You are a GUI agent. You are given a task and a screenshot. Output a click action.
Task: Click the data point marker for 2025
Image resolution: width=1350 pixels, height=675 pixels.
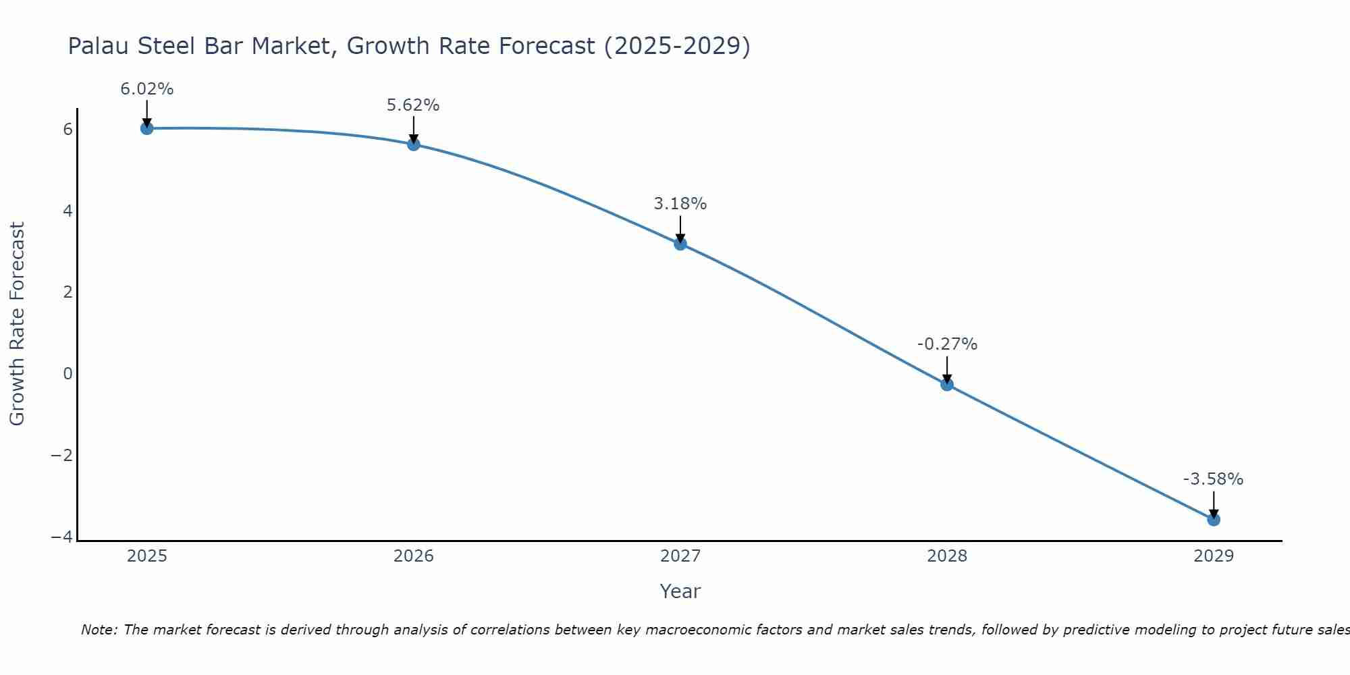pyautogui.click(x=147, y=128)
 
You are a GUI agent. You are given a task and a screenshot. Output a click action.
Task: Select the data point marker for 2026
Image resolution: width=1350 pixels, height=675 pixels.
pyautogui.click(x=414, y=144)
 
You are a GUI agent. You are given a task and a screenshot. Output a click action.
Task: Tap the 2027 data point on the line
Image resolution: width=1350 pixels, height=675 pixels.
pyautogui.click(x=680, y=244)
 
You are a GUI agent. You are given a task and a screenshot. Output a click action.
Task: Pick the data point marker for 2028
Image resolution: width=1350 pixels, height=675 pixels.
pyautogui.click(x=947, y=384)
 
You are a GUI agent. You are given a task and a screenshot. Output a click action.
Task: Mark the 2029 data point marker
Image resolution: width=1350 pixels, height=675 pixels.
pyautogui.click(x=1214, y=519)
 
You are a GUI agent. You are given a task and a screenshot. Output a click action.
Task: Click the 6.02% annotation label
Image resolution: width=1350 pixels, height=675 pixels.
pyautogui.click(x=147, y=89)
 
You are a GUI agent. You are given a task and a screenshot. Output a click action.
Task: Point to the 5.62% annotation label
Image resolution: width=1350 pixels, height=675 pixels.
pyautogui.click(x=413, y=105)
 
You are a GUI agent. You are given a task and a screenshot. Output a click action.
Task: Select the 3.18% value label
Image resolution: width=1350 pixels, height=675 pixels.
pyautogui.click(x=680, y=204)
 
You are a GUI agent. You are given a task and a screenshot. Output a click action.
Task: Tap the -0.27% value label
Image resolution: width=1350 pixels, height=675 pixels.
pyautogui.click(x=947, y=344)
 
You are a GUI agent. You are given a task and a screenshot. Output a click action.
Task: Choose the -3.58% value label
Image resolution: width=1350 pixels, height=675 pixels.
pyautogui.click(x=1213, y=479)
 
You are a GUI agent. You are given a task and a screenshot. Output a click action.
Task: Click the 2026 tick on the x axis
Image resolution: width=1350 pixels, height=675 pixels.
pyautogui.click(x=414, y=556)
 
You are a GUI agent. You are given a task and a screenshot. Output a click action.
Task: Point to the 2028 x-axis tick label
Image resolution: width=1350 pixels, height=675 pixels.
pyautogui.click(x=947, y=556)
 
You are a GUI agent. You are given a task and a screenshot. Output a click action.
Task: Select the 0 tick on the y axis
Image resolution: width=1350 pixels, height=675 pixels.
pyautogui.click(x=67, y=373)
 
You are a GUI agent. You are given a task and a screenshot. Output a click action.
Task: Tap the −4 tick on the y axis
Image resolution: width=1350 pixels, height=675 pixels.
pyautogui.click(x=62, y=537)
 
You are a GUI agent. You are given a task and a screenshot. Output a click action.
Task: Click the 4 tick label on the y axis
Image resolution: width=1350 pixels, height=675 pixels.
pyautogui.click(x=67, y=211)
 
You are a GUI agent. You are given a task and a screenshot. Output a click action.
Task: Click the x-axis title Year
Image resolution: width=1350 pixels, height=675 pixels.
pyautogui.click(x=680, y=591)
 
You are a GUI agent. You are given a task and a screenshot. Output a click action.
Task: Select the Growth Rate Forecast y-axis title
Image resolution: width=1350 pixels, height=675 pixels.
pyautogui.click(x=17, y=324)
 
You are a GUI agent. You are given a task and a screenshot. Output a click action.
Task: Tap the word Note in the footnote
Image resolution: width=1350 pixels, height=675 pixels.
pyautogui.click(x=99, y=630)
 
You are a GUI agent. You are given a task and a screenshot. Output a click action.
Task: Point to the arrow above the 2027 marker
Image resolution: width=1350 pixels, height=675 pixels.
pyautogui.click(x=680, y=228)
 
